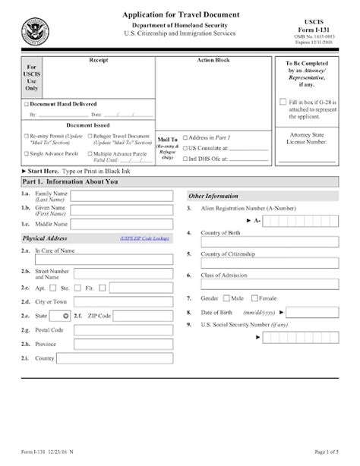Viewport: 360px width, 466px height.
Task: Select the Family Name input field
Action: pos(122,197)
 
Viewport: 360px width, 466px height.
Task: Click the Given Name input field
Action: pos(122,210)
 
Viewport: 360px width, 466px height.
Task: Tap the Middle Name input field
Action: pos(122,224)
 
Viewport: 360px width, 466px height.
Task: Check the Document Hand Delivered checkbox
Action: pos(27,103)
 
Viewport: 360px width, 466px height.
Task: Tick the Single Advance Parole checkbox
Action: pos(27,154)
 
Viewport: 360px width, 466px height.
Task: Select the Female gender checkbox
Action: pos(254,298)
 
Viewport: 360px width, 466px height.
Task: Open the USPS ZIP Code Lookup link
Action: pos(145,238)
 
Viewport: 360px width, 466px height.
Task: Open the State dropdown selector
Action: pos(65,315)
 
